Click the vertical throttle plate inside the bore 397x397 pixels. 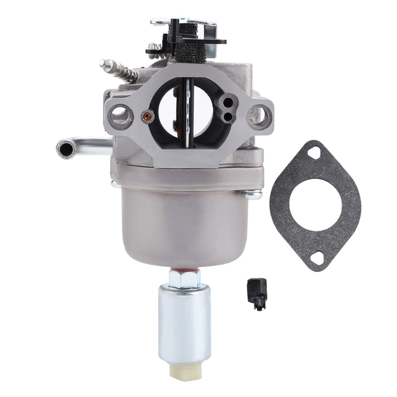click(x=188, y=112)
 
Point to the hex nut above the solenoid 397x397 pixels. click(x=184, y=278)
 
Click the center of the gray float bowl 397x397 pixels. click(x=184, y=223)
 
